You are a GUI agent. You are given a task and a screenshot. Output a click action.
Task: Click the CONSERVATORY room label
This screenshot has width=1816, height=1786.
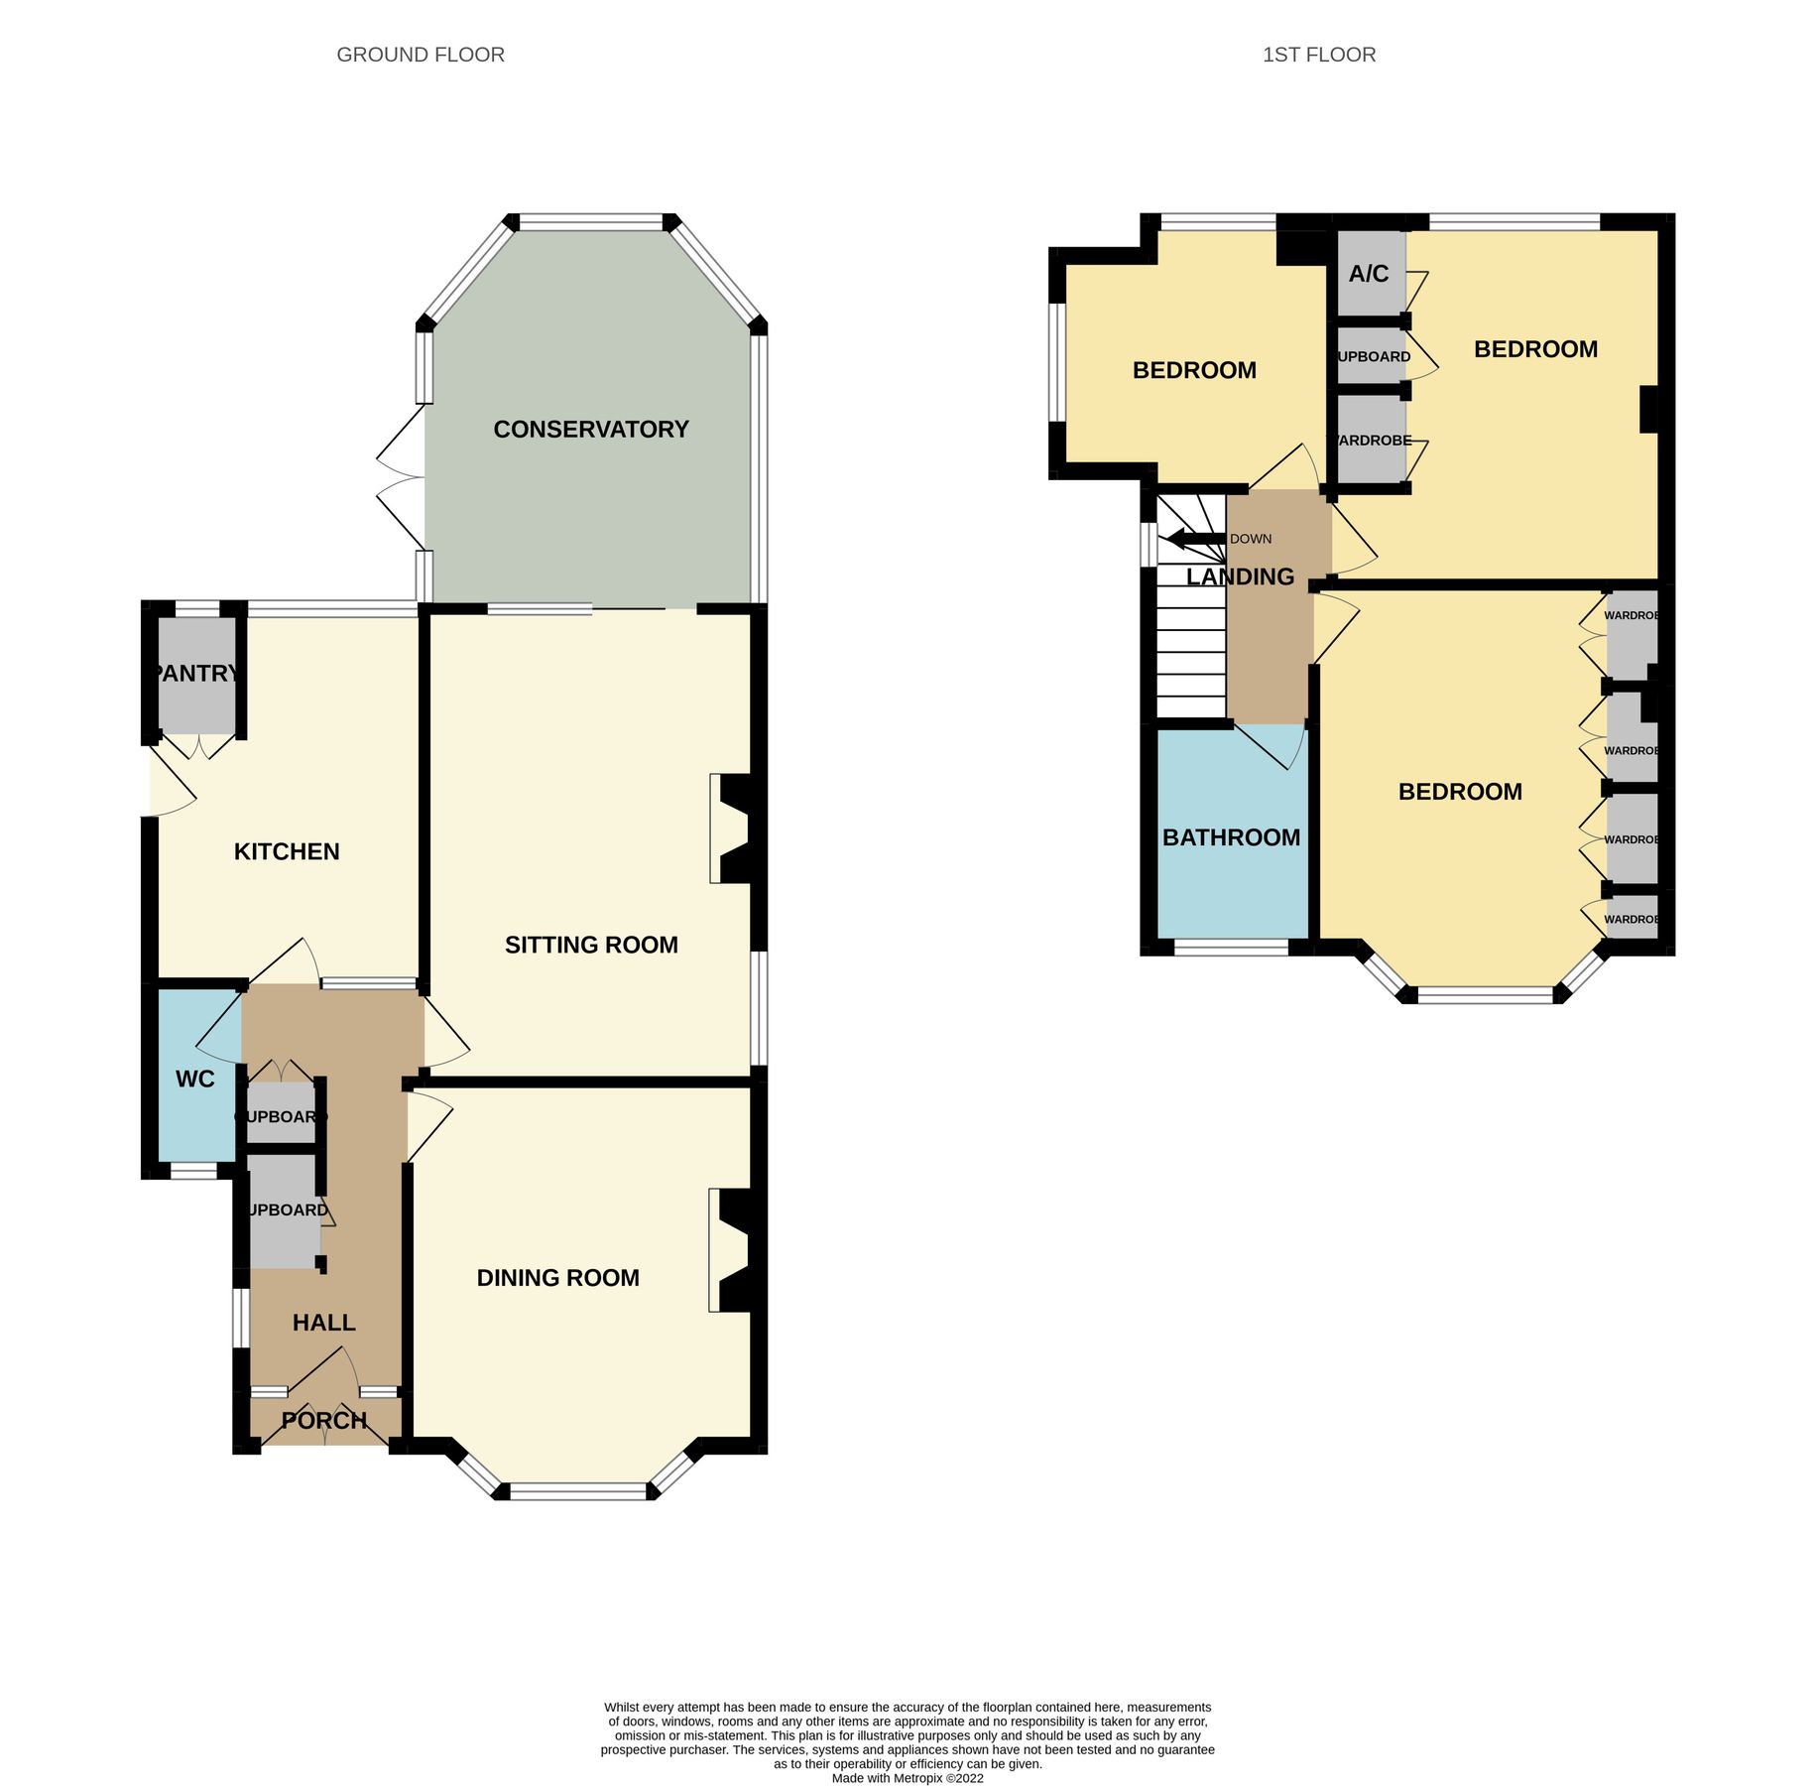pyautogui.click(x=590, y=429)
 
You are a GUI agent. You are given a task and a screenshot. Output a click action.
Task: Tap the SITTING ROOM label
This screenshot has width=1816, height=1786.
pyautogui.click(x=591, y=945)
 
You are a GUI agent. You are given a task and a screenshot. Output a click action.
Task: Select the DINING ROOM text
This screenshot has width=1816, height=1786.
pyautogui.click(x=557, y=1278)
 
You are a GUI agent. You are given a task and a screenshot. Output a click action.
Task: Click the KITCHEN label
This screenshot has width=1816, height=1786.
pyautogui.click(x=287, y=851)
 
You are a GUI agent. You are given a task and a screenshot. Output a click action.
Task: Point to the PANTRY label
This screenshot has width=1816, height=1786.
pyautogui.click(x=197, y=674)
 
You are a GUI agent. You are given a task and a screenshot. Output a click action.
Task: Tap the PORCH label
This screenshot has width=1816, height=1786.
pyautogui.click(x=324, y=1421)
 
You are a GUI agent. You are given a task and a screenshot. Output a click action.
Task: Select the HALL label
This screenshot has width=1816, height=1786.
pyautogui.click(x=323, y=1323)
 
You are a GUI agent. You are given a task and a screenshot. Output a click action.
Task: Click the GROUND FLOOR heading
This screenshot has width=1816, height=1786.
pyautogui.click(x=421, y=55)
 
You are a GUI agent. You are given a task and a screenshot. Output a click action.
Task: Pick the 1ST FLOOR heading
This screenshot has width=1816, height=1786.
pyautogui.click(x=1318, y=55)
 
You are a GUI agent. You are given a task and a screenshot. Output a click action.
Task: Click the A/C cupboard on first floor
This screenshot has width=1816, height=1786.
pyautogui.click(x=1369, y=274)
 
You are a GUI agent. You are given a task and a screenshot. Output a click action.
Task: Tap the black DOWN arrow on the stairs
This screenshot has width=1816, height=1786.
pyautogui.click(x=1195, y=539)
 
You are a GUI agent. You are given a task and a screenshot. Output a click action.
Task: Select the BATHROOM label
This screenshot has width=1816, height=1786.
pyautogui.click(x=1231, y=837)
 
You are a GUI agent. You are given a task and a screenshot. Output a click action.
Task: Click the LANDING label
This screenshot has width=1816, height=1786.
pyautogui.click(x=1240, y=576)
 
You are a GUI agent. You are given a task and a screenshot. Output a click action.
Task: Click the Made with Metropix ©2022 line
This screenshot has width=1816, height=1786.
pyautogui.click(x=907, y=1778)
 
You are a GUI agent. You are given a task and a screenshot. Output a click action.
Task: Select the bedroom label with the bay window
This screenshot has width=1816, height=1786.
pyautogui.click(x=1459, y=792)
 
